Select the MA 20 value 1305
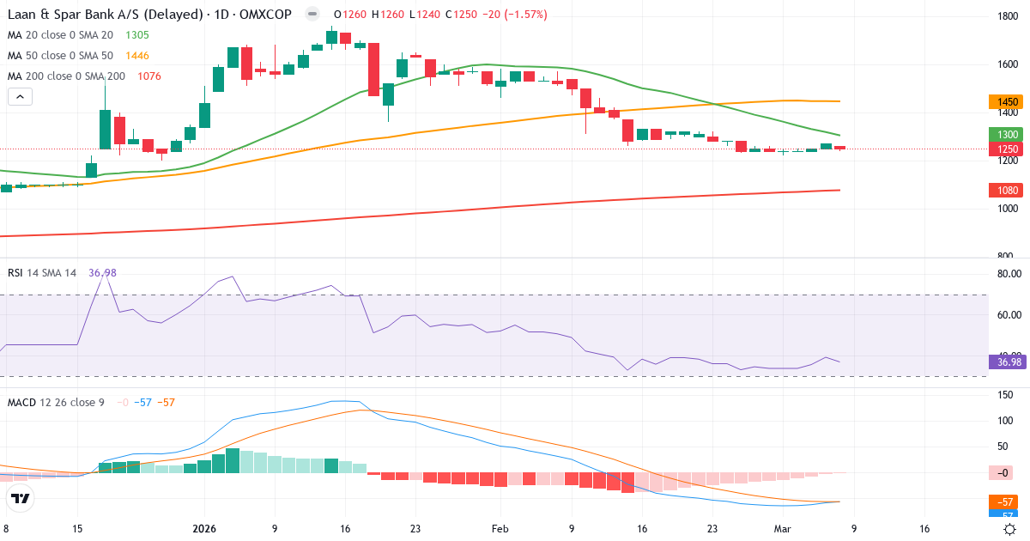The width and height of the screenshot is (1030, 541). pyautogui.click(x=137, y=35)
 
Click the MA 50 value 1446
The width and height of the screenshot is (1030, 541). pyautogui.click(x=137, y=56)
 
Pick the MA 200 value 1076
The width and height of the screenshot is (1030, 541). pyautogui.click(x=144, y=76)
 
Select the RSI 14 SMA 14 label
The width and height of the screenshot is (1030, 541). pyautogui.click(x=42, y=273)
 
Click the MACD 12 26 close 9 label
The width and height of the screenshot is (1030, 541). pyautogui.click(x=56, y=402)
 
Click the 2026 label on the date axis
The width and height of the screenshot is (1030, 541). pyautogui.click(x=204, y=530)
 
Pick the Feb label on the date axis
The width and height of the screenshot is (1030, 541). pyautogui.click(x=500, y=530)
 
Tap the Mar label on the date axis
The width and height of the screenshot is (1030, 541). pyautogui.click(x=782, y=530)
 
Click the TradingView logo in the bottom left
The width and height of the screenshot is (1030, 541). pyautogui.click(x=21, y=498)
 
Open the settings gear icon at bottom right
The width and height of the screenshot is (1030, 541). pyautogui.click(x=1010, y=530)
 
